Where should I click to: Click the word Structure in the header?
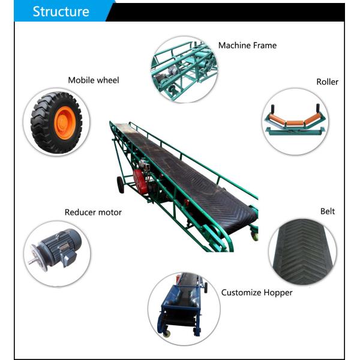pos(61,11)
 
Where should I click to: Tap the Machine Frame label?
pos(247,46)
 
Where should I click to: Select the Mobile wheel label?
pos(93,80)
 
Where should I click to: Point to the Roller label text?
pos(327,82)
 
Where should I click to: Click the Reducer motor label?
pos(93,212)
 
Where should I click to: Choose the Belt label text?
pos(328,211)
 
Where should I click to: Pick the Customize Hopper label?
pos(257,293)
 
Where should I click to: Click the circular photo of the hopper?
pos(183,307)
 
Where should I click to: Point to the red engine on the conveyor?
pos(141,179)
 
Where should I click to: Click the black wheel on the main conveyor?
pos(121,184)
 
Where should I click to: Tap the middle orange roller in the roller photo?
pos(293,122)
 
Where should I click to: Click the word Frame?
pos(265,46)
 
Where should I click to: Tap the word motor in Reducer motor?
pos(110,212)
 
